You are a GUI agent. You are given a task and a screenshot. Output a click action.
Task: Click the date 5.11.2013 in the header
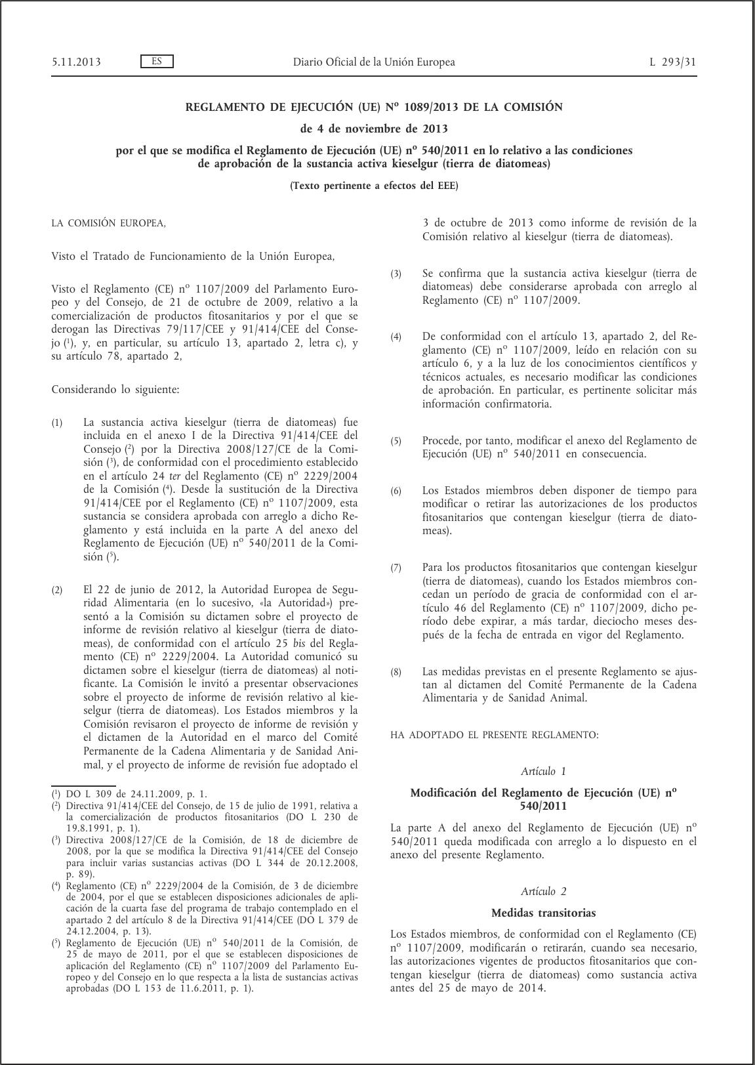[x=76, y=62]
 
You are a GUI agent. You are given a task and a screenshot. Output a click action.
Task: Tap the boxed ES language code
[x=157, y=62]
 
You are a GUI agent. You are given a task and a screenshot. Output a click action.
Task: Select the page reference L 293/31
[x=673, y=62]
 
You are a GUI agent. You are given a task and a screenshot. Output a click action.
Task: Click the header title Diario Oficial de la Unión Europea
[x=373, y=62]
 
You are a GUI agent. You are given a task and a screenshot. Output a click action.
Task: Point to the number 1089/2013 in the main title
[x=434, y=107]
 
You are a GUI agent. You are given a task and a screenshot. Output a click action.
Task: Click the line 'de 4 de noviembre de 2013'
[x=374, y=128]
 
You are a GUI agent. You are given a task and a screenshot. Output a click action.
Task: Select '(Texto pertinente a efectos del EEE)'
[x=374, y=186]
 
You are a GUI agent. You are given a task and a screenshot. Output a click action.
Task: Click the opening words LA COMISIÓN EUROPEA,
[x=109, y=223]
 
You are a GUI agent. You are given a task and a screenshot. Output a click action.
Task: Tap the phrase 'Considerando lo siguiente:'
[x=115, y=390]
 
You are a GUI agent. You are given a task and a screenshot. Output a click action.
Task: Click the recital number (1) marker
[x=57, y=423]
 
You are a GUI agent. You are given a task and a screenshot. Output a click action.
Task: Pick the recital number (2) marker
[x=57, y=591]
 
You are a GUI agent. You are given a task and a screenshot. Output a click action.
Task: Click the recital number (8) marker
[x=396, y=673]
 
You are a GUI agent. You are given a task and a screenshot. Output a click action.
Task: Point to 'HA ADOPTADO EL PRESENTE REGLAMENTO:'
[x=494, y=735]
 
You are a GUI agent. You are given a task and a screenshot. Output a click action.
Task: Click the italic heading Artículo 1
[x=543, y=771]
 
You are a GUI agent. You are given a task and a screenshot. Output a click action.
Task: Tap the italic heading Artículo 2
[x=543, y=891]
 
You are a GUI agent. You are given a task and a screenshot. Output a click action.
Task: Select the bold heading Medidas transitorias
[x=543, y=913]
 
